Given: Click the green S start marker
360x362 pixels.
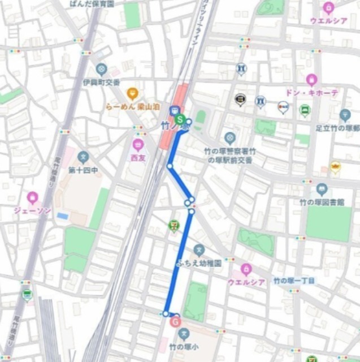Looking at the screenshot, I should coord(180,119).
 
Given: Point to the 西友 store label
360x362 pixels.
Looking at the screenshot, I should coord(138,158).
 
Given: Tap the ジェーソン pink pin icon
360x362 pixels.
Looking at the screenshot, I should coord(32,197).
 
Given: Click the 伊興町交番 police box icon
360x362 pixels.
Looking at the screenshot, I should coord(101,70).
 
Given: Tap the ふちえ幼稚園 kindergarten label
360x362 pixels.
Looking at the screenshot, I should coord(198,263).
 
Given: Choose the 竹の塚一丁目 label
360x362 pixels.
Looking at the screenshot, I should coord(294,281).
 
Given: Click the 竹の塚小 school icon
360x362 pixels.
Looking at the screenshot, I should coord(182,334).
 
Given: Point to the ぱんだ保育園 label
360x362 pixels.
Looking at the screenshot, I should coord(90,3).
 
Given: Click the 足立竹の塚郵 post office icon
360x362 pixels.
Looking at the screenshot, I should coord(345,114).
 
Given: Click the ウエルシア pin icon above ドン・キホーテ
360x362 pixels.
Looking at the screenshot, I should coord(328,8).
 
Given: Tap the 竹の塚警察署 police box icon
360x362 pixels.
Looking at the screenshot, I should coord(229,137).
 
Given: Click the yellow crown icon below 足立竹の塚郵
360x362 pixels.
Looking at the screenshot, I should coord(336,167).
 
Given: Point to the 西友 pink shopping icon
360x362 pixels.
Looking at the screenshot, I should coord(138,145).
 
